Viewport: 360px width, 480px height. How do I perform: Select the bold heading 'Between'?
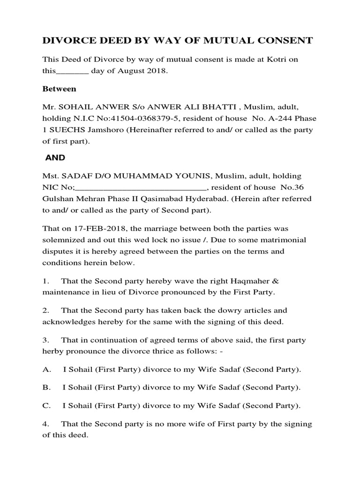[60, 88]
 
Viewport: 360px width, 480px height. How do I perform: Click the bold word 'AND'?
[55, 158]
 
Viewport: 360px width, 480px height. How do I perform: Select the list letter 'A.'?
[46, 369]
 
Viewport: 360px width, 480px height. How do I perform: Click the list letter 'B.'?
[46, 387]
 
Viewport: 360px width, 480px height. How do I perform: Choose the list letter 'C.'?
[46, 405]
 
